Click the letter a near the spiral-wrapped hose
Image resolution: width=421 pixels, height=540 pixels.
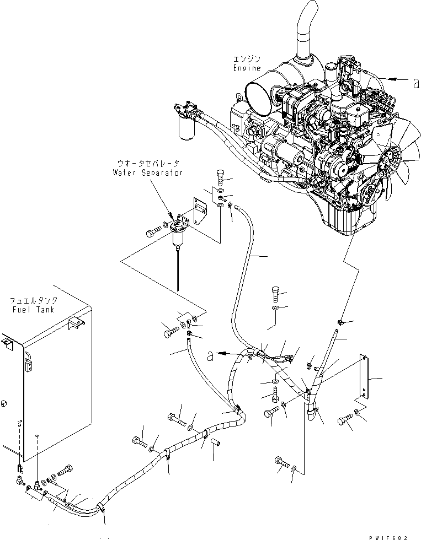tap(210, 355)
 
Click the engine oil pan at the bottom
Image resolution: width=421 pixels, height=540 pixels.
tap(348, 220)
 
